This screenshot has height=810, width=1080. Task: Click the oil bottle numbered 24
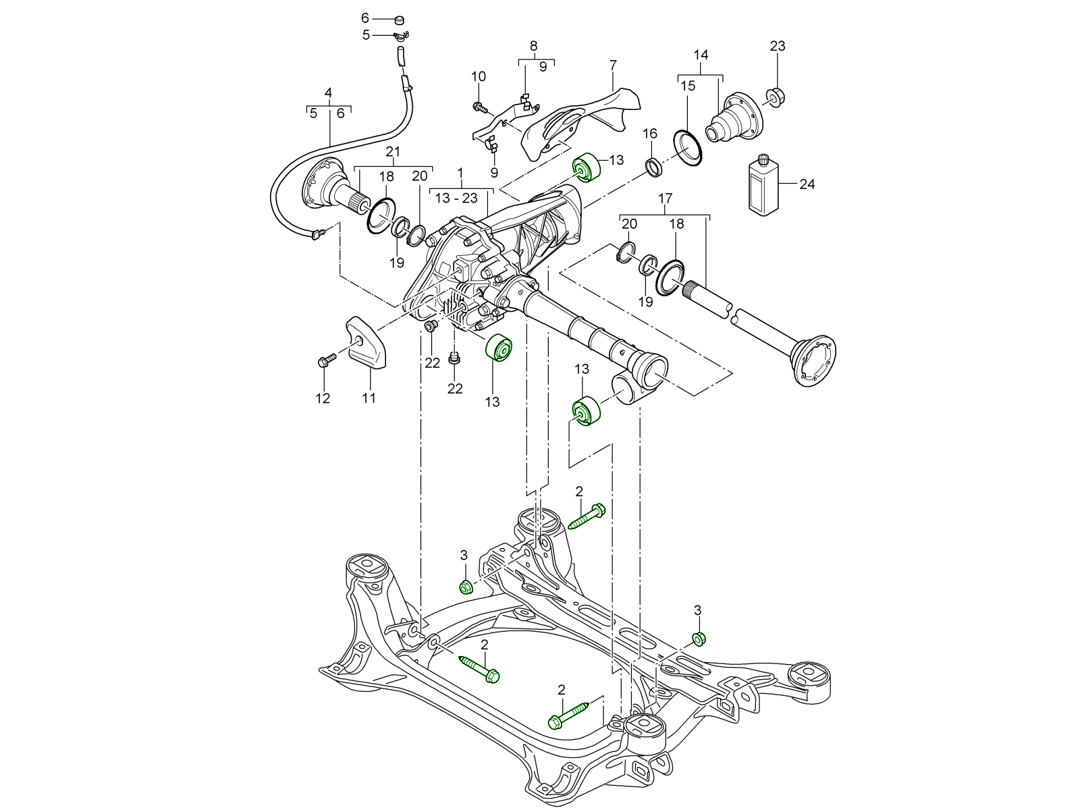(x=764, y=186)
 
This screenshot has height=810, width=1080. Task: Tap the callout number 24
(x=807, y=184)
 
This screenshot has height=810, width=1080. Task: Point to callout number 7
(x=613, y=65)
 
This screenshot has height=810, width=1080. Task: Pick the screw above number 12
(x=324, y=362)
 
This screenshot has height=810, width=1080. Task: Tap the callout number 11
(x=369, y=398)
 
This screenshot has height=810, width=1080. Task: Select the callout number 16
(x=649, y=134)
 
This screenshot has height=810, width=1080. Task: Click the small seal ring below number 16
(x=654, y=166)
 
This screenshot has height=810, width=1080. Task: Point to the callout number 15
(x=687, y=86)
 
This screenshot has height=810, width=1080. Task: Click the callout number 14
(x=701, y=55)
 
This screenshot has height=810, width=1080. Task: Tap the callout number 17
(x=666, y=198)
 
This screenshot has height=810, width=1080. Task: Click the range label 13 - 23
(x=456, y=198)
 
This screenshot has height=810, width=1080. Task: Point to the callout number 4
(x=328, y=92)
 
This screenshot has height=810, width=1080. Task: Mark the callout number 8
(x=533, y=46)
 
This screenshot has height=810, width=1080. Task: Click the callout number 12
(x=323, y=398)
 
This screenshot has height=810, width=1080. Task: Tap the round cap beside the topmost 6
(x=398, y=18)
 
